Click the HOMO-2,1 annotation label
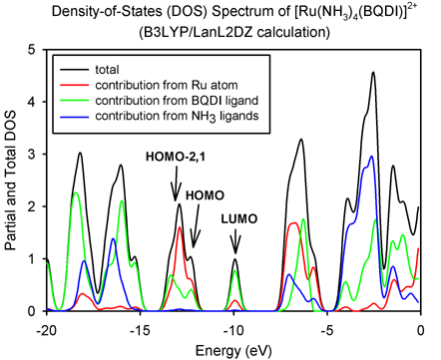tap(175, 157)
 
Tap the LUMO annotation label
tap(239, 219)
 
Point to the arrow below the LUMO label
tap(235, 241)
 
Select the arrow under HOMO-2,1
tap(176, 183)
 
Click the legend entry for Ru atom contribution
tap(149, 85)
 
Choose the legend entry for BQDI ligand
tap(159, 101)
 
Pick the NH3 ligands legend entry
tap(159, 116)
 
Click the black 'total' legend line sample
tap(74, 70)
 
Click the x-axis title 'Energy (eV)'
tap(233, 351)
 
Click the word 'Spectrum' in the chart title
tap(235, 12)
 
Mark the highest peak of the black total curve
tap(373, 72)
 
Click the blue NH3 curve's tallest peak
tap(371, 156)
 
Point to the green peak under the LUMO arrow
tap(235, 271)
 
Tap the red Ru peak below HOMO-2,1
tap(180, 227)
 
